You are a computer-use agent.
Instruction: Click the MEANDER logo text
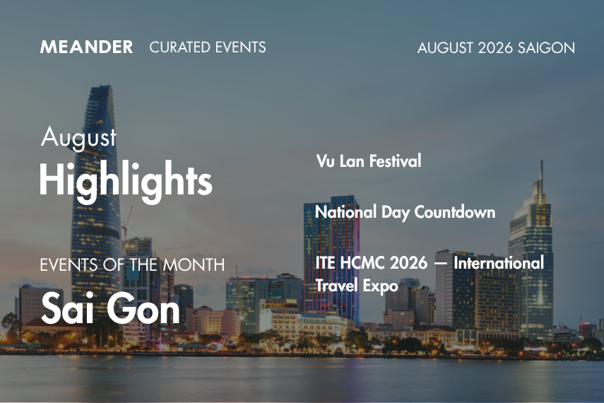(x=86, y=47)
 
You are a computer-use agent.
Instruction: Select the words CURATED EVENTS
(x=208, y=47)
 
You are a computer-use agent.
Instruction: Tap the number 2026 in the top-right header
(x=495, y=48)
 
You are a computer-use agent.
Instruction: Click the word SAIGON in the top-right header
(x=546, y=48)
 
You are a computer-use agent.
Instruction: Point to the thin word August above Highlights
(x=78, y=137)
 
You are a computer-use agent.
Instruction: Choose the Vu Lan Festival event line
(x=369, y=160)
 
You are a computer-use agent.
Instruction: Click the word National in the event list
(x=345, y=212)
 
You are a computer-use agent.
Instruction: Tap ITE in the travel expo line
(x=326, y=263)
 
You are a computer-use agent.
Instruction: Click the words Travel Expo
(x=356, y=286)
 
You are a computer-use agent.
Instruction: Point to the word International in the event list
(x=499, y=263)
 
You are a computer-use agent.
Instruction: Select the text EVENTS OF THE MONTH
(x=132, y=265)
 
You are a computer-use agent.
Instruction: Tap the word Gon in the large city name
(x=143, y=308)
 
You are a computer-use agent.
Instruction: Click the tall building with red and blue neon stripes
(x=331, y=257)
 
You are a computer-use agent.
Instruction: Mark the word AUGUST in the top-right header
(x=445, y=48)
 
